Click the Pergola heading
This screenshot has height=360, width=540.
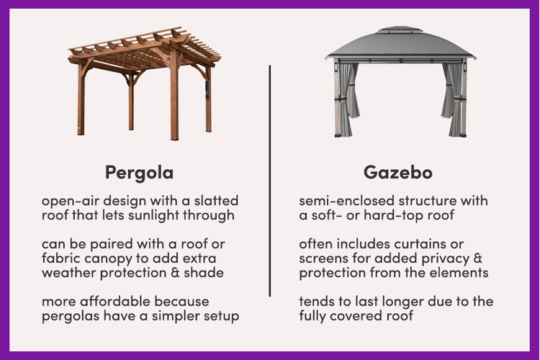pyautogui.click(x=139, y=173)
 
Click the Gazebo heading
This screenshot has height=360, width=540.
pyautogui.click(x=398, y=172)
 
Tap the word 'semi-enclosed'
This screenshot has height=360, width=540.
pyautogui.click(x=347, y=200)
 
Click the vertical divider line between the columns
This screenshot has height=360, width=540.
pyautogui.click(x=270, y=181)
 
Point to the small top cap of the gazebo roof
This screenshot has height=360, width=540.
pyautogui.click(x=400, y=29)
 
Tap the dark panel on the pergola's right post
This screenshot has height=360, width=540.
pyautogui.click(x=207, y=90)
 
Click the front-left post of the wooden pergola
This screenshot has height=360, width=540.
pyautogui.click(x=81, y=98)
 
